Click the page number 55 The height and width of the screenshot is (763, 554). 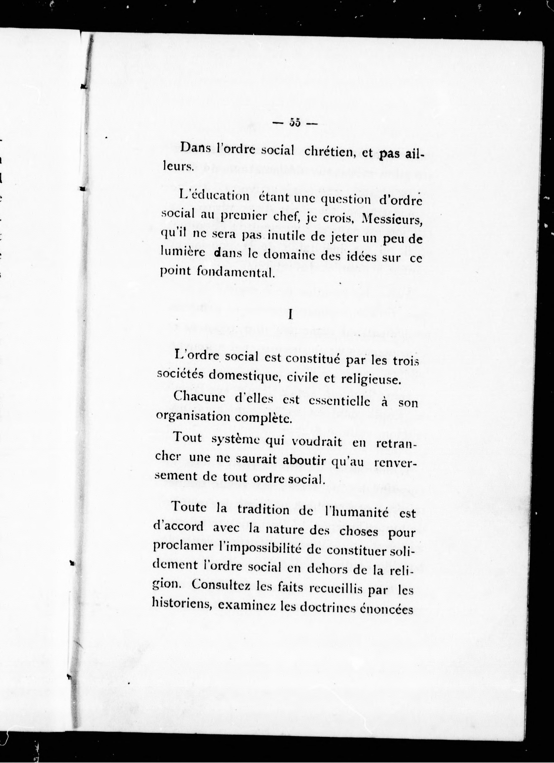coord(294,123)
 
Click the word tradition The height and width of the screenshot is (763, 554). coord(263,509)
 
